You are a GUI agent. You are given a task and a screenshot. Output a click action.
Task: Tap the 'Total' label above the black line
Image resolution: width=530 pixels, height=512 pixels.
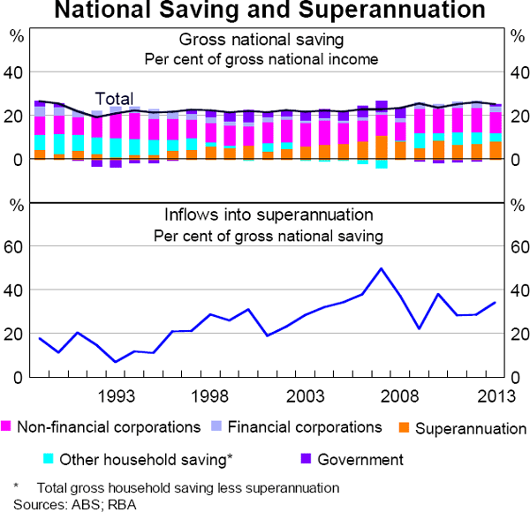pos(115,99)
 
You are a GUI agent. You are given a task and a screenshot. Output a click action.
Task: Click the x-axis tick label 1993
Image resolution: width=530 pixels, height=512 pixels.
pos(116,395)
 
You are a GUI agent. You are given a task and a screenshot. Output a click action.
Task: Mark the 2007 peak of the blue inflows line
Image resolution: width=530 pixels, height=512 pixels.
pos(381,268)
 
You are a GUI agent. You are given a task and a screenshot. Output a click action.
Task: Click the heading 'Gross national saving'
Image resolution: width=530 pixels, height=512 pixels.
pos(261,41)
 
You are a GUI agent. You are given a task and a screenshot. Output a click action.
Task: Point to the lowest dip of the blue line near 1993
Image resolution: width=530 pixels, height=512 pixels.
pos(116,362)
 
